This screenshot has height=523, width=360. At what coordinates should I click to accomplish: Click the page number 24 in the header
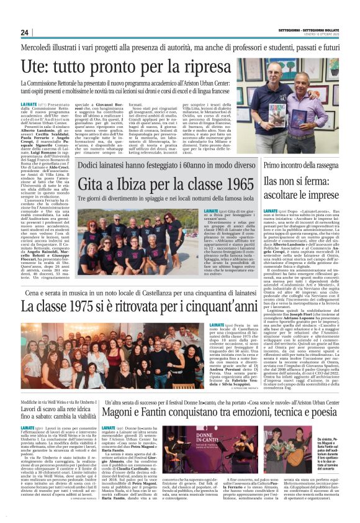click(25, 32)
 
